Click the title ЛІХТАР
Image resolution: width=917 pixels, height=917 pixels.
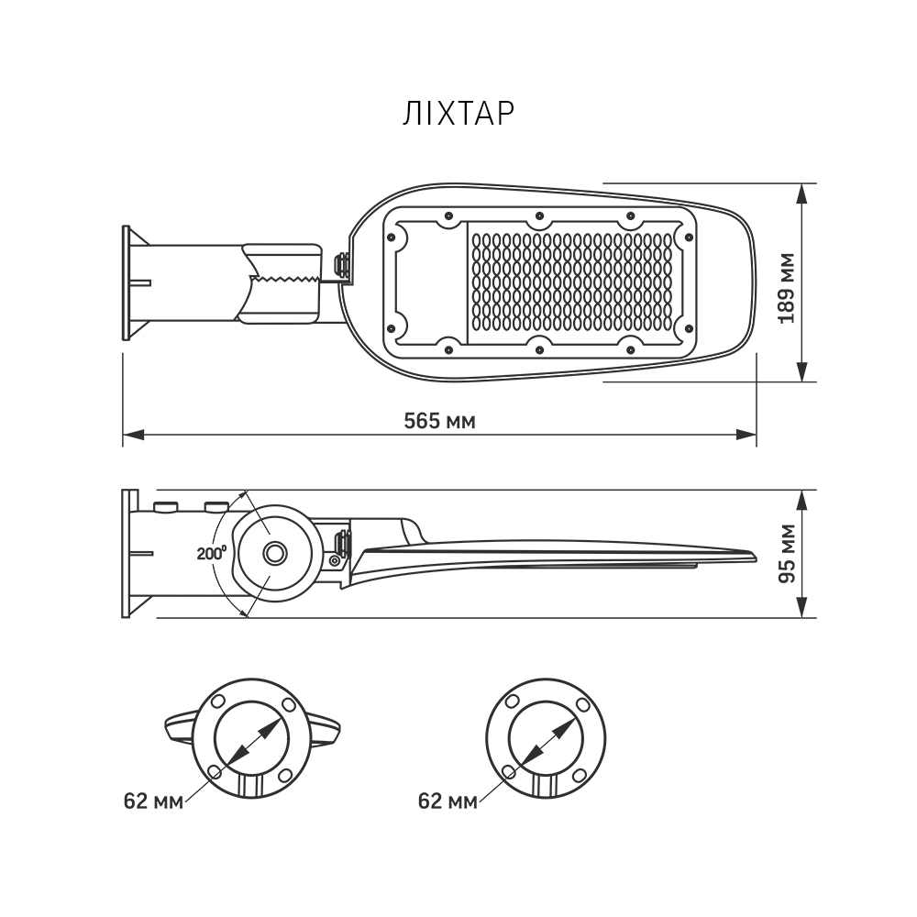(x=458, y=114)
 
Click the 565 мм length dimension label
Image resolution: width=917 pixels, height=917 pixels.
(x=440, y=421)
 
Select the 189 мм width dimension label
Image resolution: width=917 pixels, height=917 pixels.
(x=787, y=288)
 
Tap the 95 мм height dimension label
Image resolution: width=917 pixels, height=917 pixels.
(x=787, y=553)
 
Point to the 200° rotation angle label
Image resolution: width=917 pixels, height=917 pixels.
(x=211, y=552)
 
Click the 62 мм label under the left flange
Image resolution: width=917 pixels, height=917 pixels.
(x=153, y=801)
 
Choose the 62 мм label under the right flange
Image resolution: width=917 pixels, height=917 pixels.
(x=447, y=801)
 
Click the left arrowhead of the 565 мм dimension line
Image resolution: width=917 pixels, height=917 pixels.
(x=133, y=435)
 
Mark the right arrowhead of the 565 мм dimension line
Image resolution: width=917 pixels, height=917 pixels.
(x=746, y=435)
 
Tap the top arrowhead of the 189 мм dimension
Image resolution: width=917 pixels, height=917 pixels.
(x=802, y=193)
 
